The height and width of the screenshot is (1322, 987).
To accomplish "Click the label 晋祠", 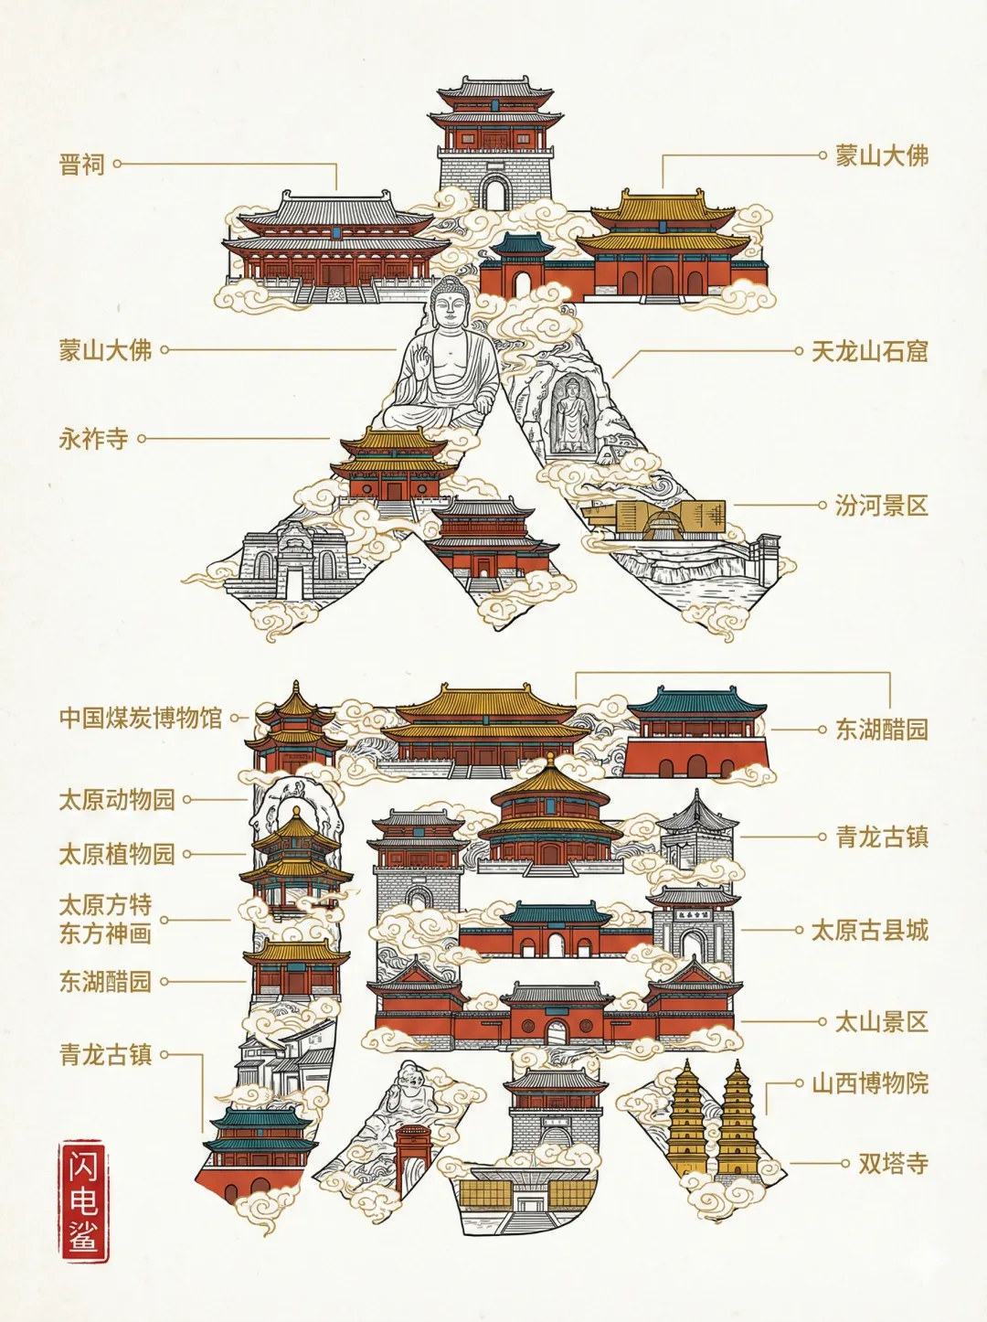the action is (82, 165).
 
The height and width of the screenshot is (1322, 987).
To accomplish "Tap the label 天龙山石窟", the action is (869, 351).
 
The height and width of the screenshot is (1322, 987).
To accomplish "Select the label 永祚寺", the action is (93, 439).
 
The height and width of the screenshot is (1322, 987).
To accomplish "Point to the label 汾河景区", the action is (881, 505).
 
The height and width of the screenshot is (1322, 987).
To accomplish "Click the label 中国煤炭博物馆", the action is (141, 718).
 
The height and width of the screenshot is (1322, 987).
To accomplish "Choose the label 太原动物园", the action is (116, 800).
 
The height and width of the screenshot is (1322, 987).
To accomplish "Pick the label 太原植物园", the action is (116, 855).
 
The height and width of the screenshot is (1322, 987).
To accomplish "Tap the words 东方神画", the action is (105, 933).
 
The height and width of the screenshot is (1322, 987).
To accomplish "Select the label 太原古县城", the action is (869, 931).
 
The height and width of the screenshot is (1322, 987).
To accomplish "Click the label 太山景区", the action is (881, 1021).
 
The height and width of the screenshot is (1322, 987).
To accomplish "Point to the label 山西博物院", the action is (869, 1083).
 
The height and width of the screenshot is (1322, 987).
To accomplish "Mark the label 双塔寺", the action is (893, 1164).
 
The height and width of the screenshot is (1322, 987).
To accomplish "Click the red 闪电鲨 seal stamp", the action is (83, 1200).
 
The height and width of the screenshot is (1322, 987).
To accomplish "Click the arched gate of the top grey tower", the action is (494, 193).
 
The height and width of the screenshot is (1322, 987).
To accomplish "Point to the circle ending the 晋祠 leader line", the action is (117, 165).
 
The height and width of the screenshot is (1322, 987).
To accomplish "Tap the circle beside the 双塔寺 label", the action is (846, 1164).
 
